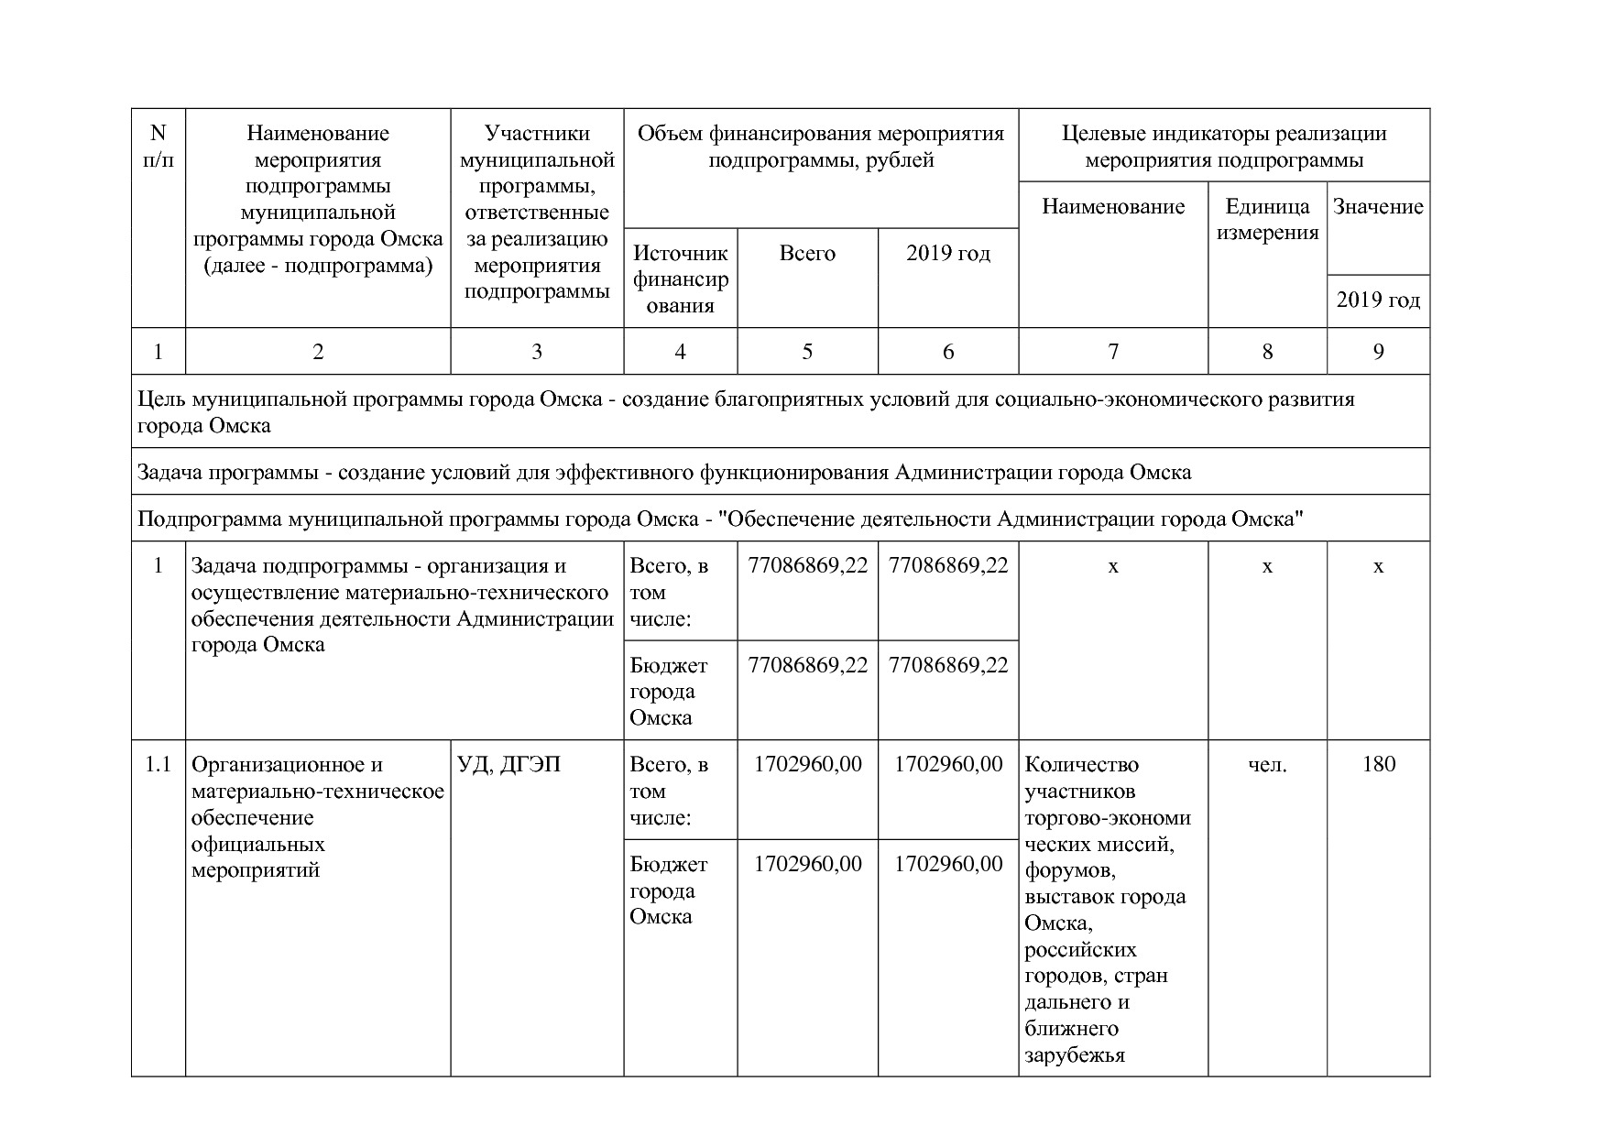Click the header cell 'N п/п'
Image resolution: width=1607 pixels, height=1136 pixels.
tap(158, 147)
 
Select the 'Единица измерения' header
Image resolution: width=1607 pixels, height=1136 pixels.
tap(1267, 219)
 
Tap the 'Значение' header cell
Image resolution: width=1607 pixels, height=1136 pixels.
tap(1378, 207)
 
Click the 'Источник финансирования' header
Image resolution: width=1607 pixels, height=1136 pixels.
tap(680, 279)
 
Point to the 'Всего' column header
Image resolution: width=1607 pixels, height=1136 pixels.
tap(807, 254)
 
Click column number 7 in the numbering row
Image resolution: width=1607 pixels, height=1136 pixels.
tap(1113, 352)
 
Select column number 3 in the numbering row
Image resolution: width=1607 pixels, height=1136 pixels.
tap(537, 352)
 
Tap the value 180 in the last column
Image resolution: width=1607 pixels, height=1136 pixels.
tap(1378, 764)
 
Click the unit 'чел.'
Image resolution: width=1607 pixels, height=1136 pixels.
tap(1267, 764)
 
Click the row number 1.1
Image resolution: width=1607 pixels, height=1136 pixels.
tap(158, 764)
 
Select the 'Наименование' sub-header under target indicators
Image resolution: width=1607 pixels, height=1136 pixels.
tap(1113, 207)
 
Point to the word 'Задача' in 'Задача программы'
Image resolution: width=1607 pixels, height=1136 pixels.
tap(169, 473)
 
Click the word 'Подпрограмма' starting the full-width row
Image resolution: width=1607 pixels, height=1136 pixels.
tap(210, 519)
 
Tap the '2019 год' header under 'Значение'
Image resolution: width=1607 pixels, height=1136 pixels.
tap(1378, 300)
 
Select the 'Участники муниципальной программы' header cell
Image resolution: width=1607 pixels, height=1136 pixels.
tap(537, 213)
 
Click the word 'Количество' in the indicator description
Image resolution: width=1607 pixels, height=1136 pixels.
tap(1081, 764)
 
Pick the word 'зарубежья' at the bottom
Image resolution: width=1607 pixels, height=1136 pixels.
tap(1074, 1055)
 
